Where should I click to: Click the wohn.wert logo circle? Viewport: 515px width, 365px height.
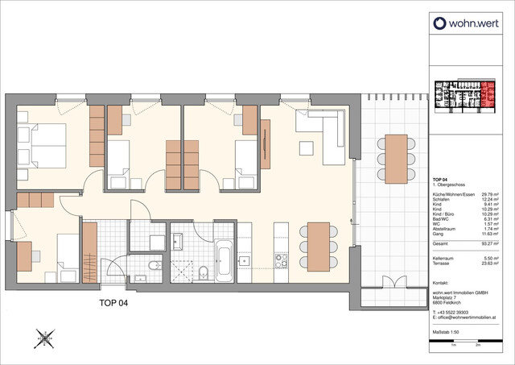pos(440,24)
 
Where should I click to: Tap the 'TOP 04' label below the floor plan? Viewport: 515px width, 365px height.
pos(107,304)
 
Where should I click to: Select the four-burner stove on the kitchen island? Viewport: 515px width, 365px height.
pos(282,260)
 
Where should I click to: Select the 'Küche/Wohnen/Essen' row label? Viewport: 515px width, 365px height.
pos(451,194)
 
